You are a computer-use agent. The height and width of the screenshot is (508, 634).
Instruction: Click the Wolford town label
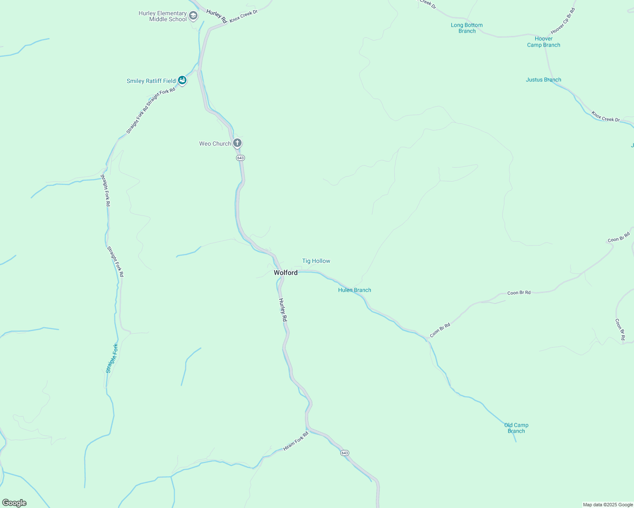[x=286, y=273]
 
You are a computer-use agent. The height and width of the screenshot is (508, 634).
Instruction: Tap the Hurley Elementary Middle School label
[x=163, y=16]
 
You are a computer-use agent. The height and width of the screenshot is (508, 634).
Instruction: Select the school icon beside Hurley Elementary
[x=193, y=16]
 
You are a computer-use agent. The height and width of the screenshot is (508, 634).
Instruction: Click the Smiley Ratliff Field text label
[x=151, y=81]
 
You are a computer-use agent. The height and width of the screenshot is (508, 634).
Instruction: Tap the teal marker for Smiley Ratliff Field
[x=182, y=80]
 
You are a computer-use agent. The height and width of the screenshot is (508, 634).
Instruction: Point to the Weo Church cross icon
[x=237, y=143]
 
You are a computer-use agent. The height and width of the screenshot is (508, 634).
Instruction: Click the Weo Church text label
[x=215, y=144]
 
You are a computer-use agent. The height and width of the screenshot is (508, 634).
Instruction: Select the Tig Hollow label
[x=316, y=261]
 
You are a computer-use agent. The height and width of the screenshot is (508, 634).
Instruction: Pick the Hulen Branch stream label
[x=355, y=290]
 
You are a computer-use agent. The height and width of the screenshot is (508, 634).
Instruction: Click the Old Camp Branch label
[x=516, y=428]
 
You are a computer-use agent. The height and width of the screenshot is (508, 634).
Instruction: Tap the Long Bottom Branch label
[x=467, y=28]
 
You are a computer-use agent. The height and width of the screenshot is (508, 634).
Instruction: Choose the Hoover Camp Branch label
[x=544, y=41]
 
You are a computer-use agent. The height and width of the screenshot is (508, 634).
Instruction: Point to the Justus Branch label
[x=543, y=80]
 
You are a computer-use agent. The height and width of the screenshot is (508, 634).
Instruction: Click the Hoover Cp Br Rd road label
[x=563, y=21]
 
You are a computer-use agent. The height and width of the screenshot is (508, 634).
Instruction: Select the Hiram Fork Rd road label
[x=296, y=441]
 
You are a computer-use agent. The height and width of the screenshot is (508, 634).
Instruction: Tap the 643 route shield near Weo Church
[x=240, y=158]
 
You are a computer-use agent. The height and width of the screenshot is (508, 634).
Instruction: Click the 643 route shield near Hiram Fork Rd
[x=345, y=453]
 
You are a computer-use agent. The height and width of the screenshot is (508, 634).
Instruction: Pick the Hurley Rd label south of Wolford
[x=283, y=310]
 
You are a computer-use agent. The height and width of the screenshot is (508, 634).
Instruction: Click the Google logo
[x=14, y=503]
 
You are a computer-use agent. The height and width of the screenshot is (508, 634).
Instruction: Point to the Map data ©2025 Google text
[x=608, y=505]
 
